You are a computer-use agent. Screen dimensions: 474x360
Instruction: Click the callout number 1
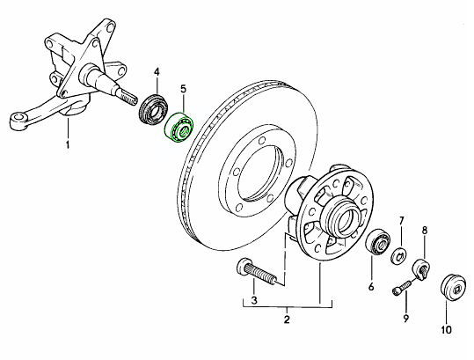click(x=68, y=144)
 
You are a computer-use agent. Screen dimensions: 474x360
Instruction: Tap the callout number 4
click(x=157, y=72)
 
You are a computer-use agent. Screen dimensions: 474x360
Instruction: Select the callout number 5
click(x=184, y=89)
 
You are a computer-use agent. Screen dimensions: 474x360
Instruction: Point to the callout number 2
click(x=287, y=320)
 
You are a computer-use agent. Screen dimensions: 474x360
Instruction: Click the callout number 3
click(x=254, y=300)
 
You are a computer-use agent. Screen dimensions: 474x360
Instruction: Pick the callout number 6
click(x=371, y=286)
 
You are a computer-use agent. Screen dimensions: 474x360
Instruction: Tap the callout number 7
click(x=401, y=221)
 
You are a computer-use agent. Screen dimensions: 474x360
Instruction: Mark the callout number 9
click(x=405, y=318)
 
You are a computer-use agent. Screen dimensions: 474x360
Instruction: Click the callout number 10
click(x=446, y=329)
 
